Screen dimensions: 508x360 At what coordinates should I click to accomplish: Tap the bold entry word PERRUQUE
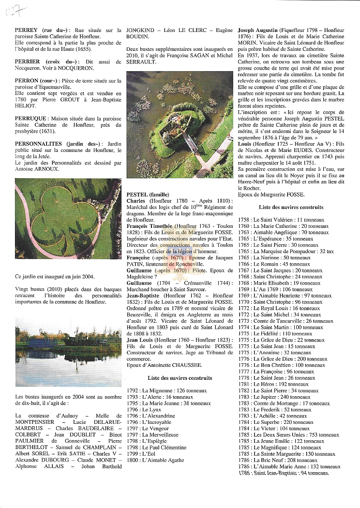(x=31, y=118)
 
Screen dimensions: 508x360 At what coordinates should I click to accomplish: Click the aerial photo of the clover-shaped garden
(x=68, y=219)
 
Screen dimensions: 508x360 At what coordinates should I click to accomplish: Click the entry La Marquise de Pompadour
(x=285, y=252)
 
